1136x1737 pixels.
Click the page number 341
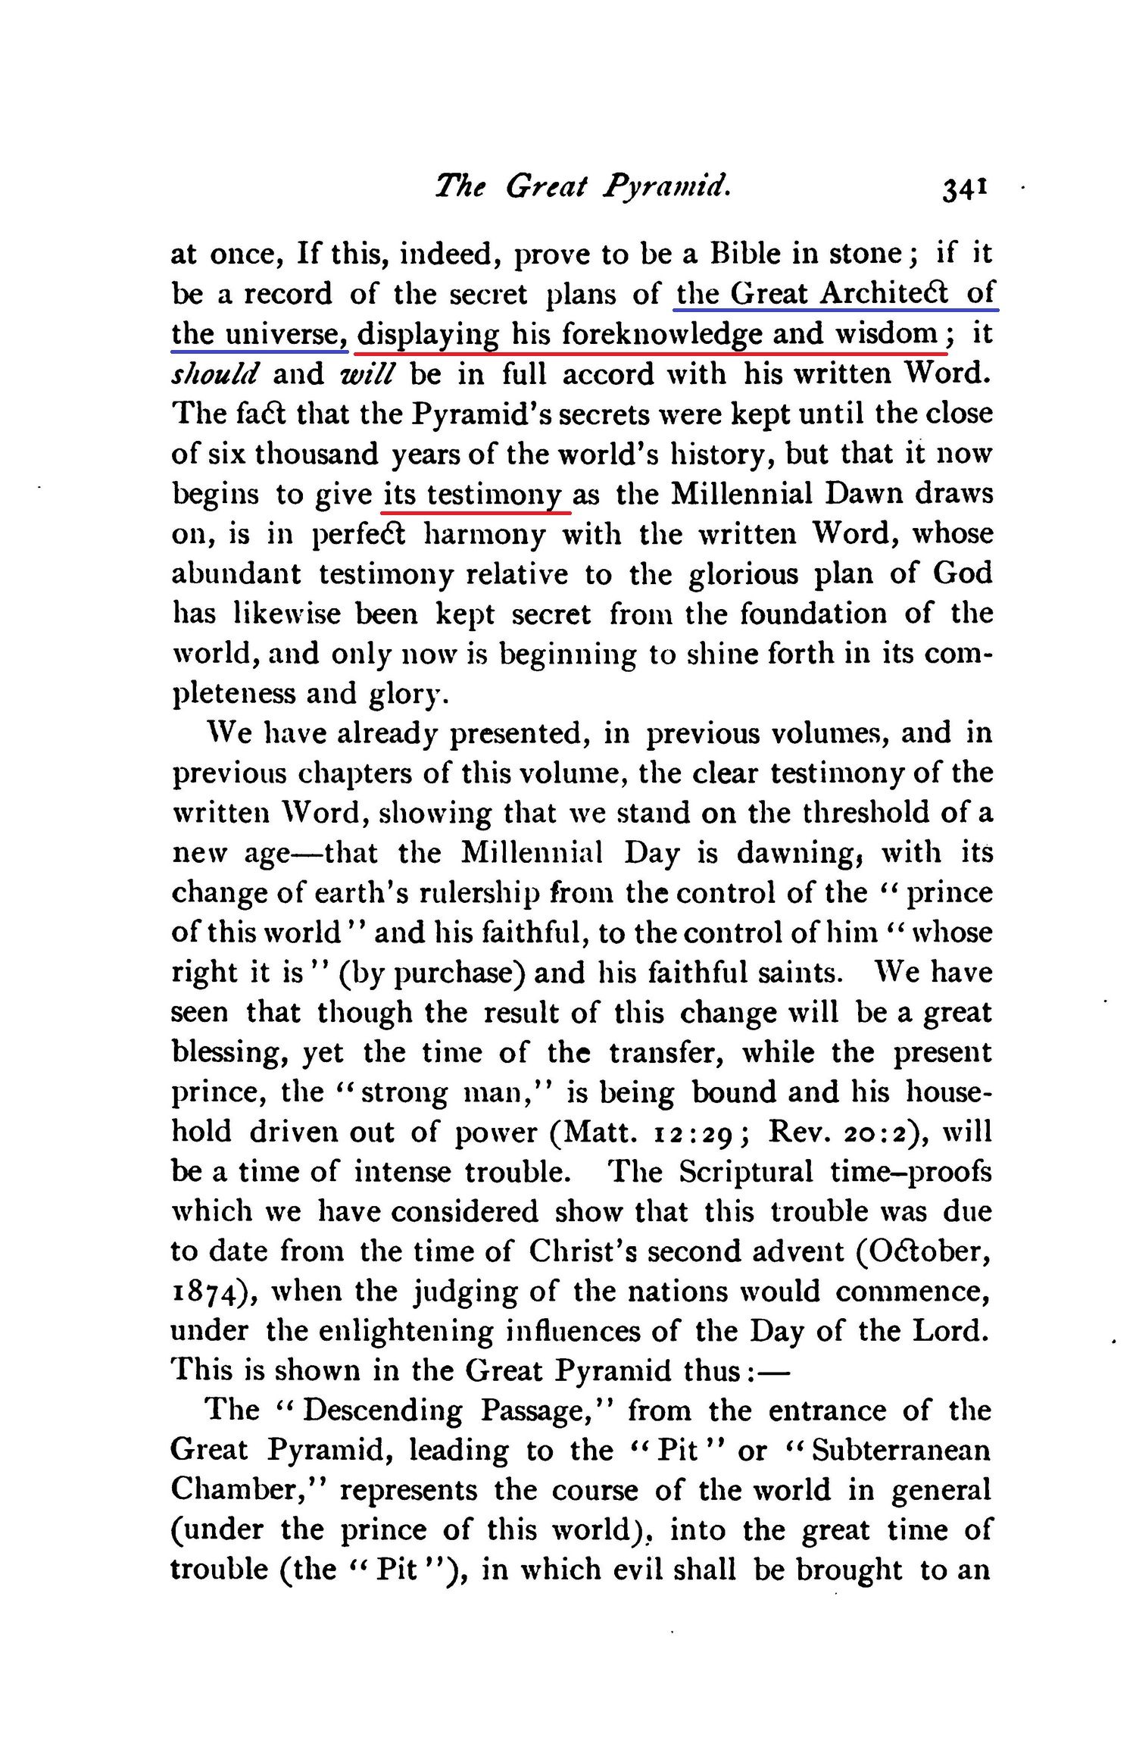963,188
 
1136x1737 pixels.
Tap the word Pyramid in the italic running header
666,186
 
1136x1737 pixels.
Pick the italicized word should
215,374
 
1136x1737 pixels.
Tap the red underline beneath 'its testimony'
476,512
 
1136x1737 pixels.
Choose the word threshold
866,813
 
